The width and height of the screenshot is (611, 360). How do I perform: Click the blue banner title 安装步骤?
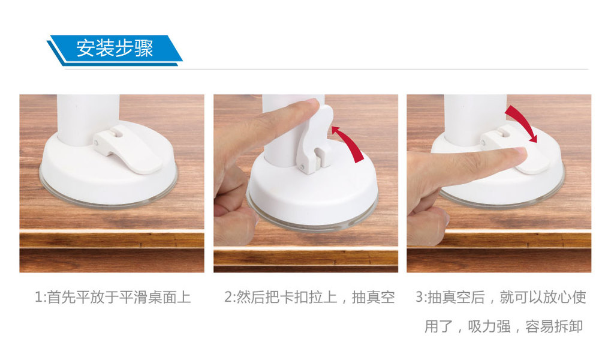115,49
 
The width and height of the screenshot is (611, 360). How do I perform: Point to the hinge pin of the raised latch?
302,167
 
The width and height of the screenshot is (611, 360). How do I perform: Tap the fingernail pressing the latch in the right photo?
520,153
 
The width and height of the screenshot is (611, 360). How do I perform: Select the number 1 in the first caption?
38,297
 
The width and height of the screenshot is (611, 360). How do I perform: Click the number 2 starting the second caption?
228,297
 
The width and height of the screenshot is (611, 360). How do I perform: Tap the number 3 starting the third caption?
419,297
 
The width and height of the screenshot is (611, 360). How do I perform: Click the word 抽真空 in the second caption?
374,297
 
